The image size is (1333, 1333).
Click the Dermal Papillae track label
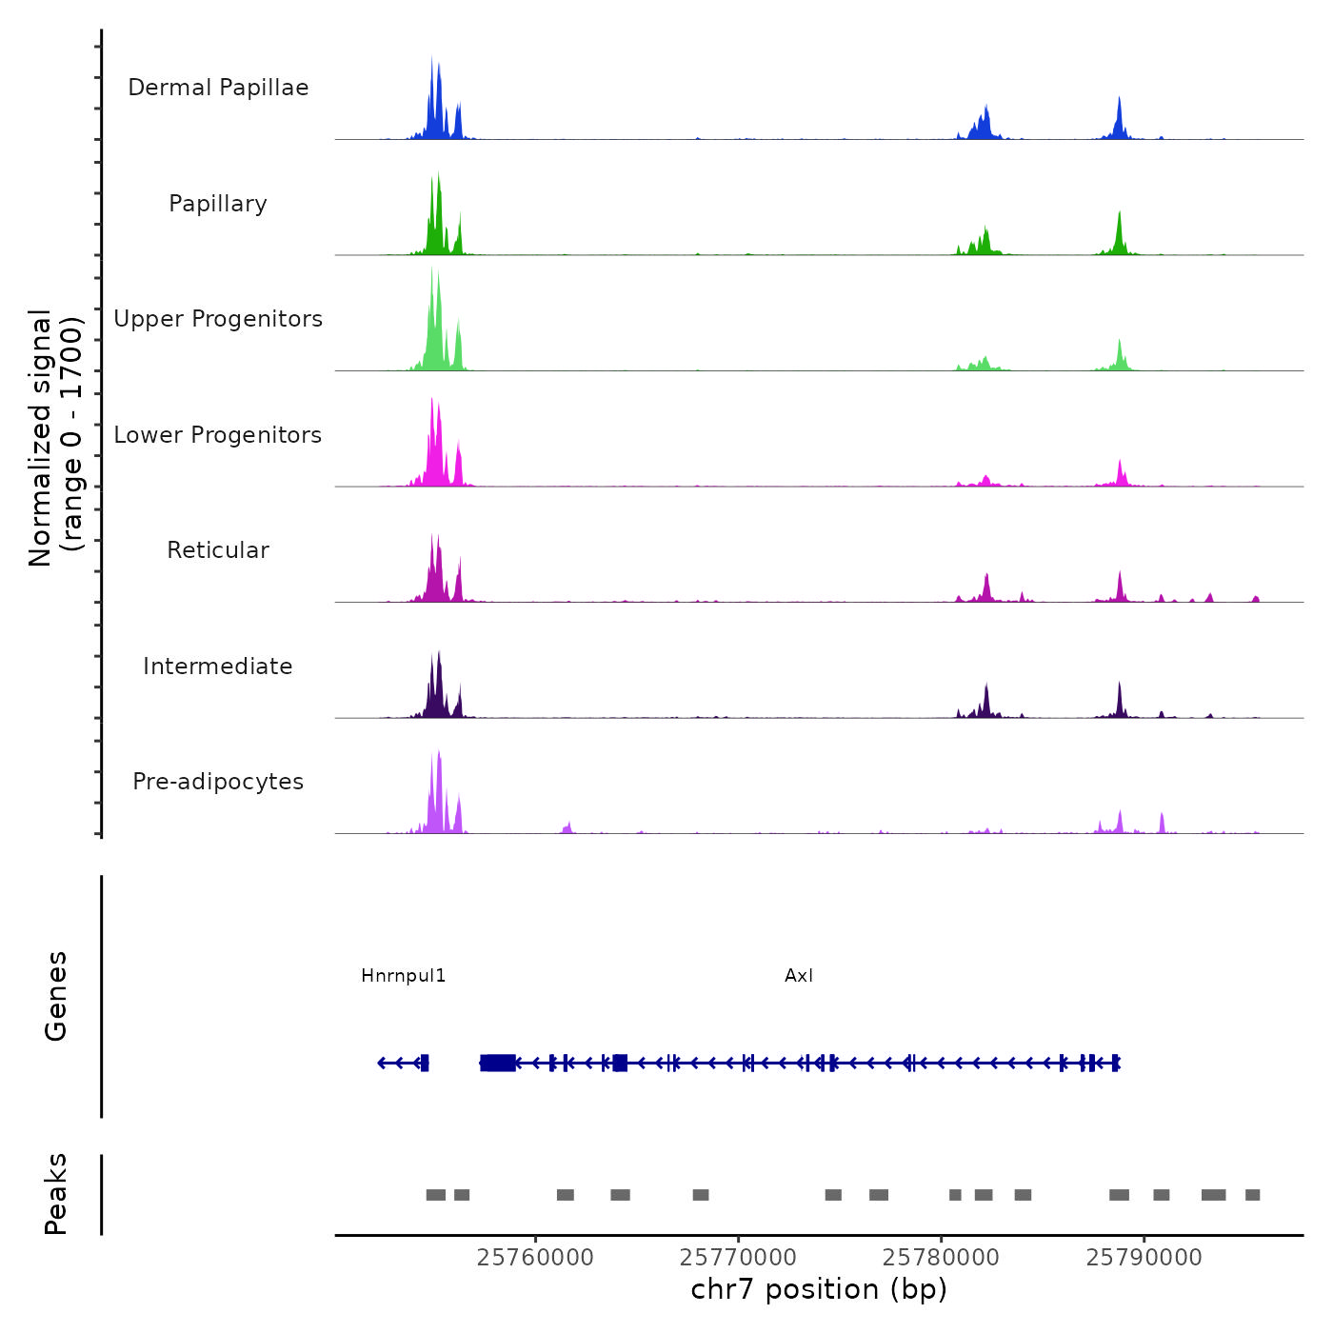click(x=218, y=88)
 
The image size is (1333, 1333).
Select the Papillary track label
click(x=218, y=204)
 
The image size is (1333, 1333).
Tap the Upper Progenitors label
click(x=218, y=319)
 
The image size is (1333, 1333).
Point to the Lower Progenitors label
click(x=218, y=435)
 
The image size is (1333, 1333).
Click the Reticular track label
click(x=218, y=550)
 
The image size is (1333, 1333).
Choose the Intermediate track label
click(x=218, y=666)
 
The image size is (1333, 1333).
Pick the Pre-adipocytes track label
click(x=218, y=782)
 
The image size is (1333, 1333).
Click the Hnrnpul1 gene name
click(x=403, y=976)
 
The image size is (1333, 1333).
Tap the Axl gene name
click(x=799, y=976)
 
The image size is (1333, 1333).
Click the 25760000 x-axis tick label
click(x=535, y=1258)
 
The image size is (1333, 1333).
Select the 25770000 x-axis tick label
click(x=738, y=1258)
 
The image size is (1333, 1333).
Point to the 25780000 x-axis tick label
click(x=941, y=1258)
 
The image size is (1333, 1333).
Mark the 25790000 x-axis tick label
click(x=1144, y=1258)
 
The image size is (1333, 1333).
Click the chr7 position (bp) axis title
click(x=819, y=1290)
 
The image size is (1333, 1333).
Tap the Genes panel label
click(x=56, y=996)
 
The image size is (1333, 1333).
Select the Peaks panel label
click(x=56, y=1194)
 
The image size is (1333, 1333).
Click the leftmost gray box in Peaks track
click(x=436, y=1195)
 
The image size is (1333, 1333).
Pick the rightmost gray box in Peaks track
click(x=1253, y=1195)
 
